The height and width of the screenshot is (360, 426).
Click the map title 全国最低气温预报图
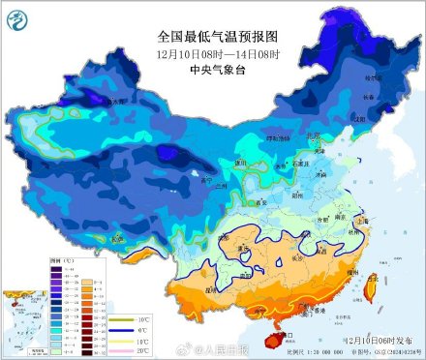coord(212,36)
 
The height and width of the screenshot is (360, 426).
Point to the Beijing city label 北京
coord(313,137)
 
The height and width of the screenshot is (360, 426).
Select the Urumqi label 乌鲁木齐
coord(112,101)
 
